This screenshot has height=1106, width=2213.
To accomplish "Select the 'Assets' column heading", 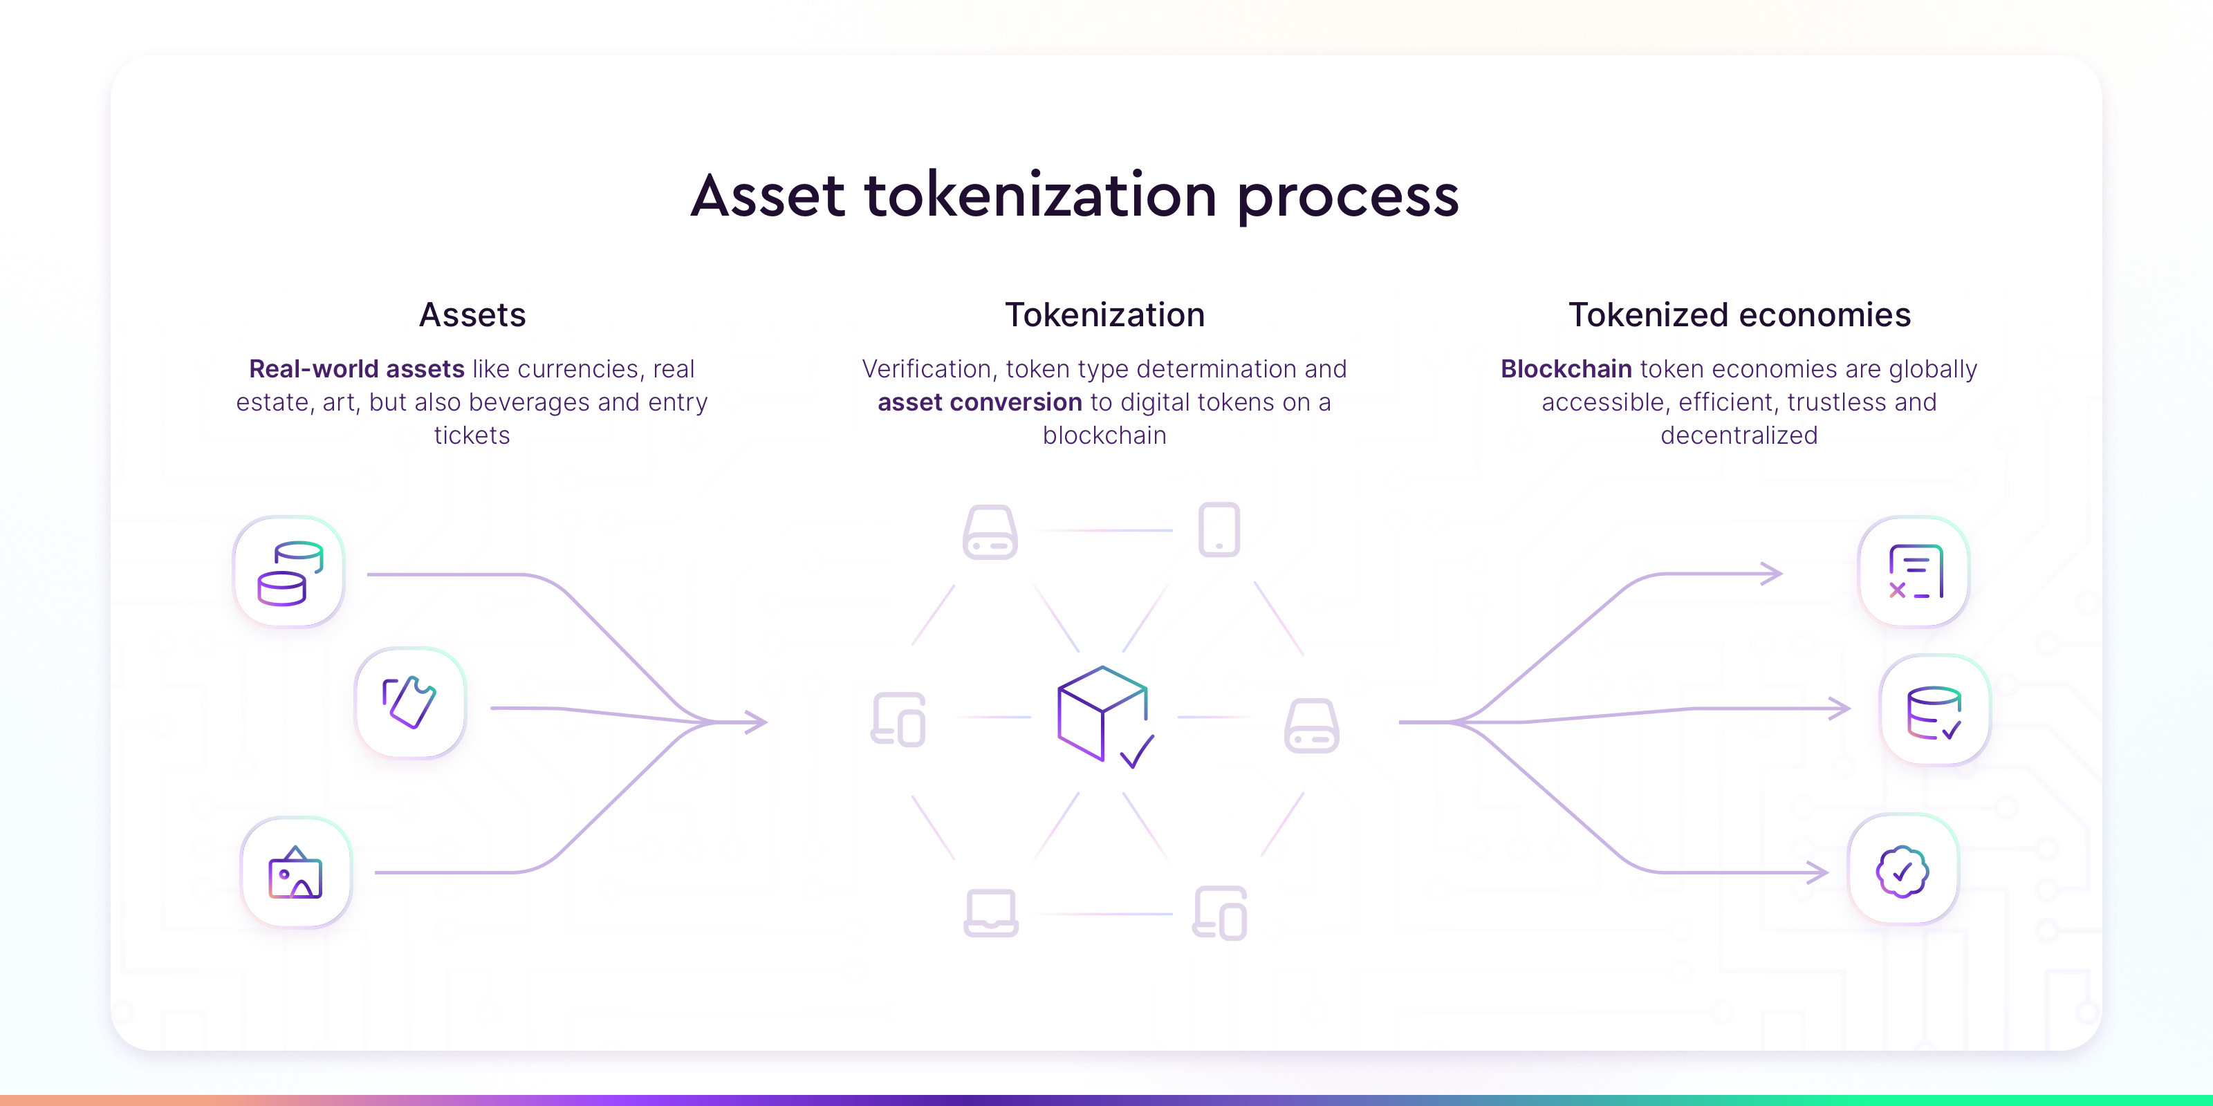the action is tap(472, 315).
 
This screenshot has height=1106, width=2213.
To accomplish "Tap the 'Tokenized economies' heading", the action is tap(1740, 315).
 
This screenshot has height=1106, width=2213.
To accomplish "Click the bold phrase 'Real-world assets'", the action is tap(357, 368).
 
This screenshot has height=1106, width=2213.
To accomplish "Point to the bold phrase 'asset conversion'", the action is tap(980, 402).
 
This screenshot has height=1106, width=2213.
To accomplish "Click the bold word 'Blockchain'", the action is tap(1566, 368).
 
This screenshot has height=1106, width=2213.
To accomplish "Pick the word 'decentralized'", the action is tap(1740, 435).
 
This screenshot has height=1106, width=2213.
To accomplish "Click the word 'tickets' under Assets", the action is tap(472, 435).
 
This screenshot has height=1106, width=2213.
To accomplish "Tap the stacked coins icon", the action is tap(290, 573).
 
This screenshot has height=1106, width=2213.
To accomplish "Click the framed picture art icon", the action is tap(295, 872).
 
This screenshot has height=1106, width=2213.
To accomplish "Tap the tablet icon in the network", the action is tap(1219, 529).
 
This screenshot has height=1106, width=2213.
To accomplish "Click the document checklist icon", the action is tap(1916, 572).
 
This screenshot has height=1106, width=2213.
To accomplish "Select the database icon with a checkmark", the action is tap(1934, 713).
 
